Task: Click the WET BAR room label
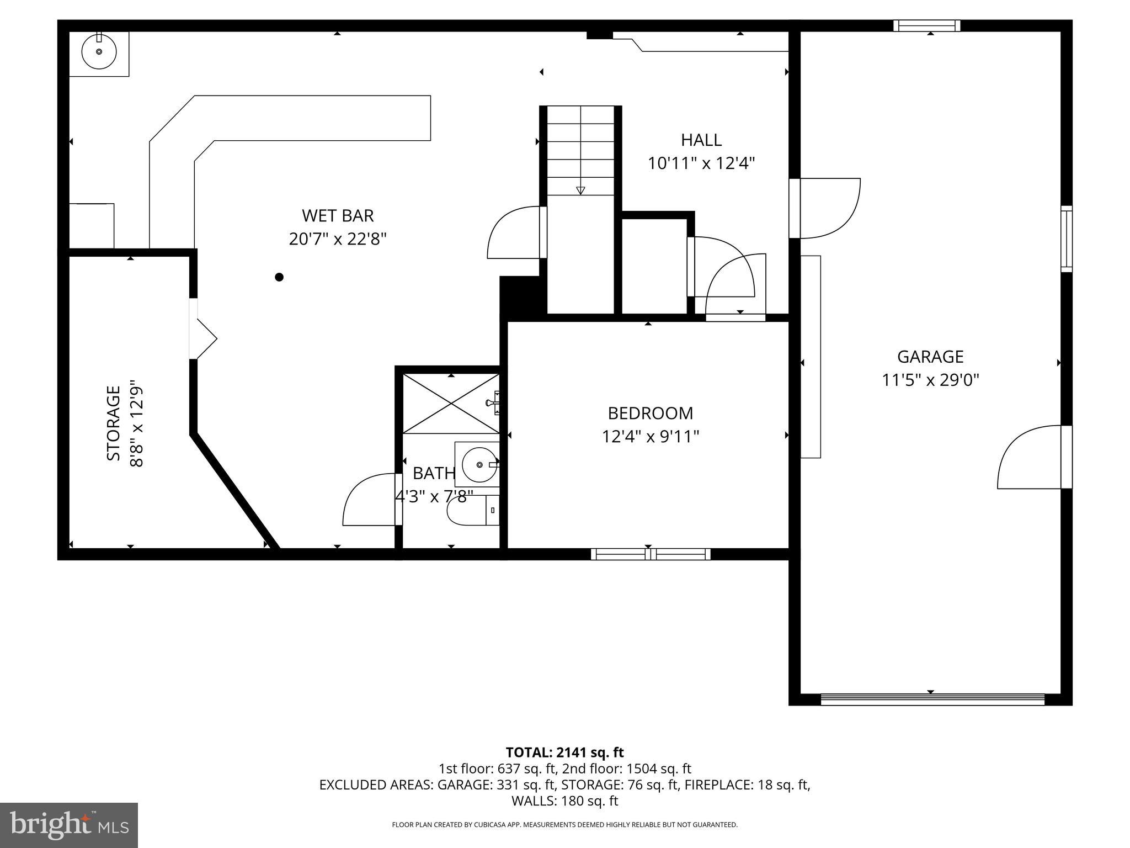coord(338,215)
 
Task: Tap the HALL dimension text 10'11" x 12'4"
coord(701,164)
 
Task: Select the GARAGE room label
coord(930,357)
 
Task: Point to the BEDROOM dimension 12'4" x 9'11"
coord(650,437)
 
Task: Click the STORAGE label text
coord(114,423)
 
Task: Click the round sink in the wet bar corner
coord(99,51)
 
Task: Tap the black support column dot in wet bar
coord(279,277)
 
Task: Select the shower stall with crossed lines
coord(451,404)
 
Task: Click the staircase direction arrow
coord(580,190)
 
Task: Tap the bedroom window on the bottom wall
coord(651,554)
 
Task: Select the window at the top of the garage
coord(927,25)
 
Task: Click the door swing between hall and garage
coord(828,207)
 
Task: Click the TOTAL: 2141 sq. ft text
coord(564,752)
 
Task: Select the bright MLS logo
coord(68,825)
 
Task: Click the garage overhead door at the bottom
coord(932,699)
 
